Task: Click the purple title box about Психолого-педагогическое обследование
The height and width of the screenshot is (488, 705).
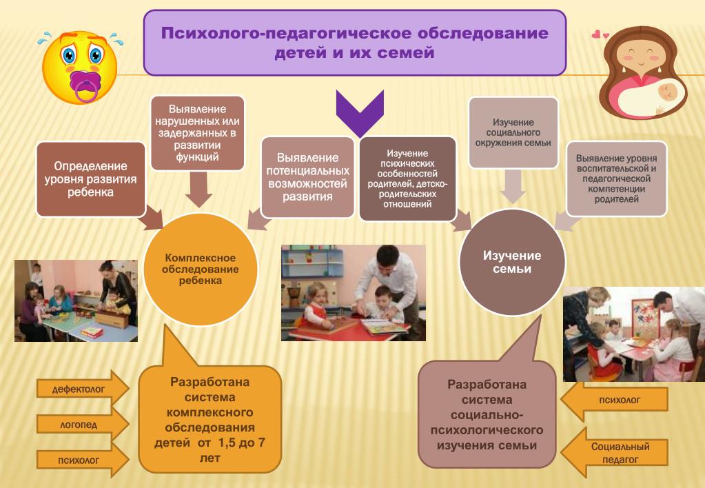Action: click(354, 43)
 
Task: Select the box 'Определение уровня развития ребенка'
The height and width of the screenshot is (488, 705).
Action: click(91, 179)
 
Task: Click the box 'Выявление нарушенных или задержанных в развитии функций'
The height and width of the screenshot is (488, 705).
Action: click(197, 133)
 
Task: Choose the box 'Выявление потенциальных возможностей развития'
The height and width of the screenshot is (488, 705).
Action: click(307, 177)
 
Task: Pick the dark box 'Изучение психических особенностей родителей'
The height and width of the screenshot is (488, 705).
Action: click(407, 179)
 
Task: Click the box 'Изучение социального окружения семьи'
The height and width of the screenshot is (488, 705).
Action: click(513, 132)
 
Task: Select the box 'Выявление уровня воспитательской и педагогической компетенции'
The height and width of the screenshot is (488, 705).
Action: click(616, 179)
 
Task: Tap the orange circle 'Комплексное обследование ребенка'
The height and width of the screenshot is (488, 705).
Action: click(200, 269)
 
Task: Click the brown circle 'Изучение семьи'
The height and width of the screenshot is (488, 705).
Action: click(511, 262)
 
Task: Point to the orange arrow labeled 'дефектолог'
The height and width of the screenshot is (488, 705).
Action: click(83, 388)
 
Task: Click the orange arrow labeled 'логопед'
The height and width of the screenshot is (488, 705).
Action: click(83, 424)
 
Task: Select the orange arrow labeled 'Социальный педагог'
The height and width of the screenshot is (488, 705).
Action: click(615, 452)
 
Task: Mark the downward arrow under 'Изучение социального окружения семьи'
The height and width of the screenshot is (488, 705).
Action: click(513, 186)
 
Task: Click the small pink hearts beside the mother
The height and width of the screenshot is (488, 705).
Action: click(600, 34)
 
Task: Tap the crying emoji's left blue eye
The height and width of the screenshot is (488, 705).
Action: click(69, 55)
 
